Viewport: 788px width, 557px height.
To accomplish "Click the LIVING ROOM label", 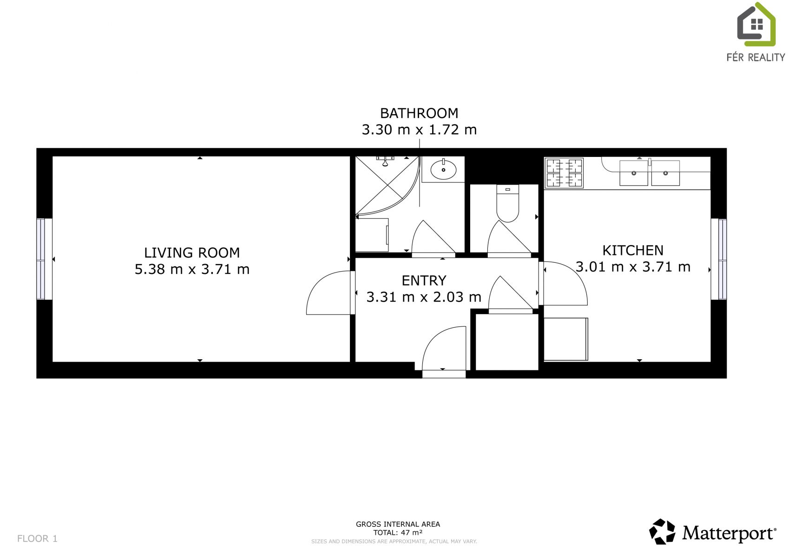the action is pyautogui.click(x=192, y=253).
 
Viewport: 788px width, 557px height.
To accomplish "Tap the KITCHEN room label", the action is pyautogui.click(x=633, y=250).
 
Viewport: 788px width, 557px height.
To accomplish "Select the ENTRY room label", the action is pyautogui.click(x=424, y=280).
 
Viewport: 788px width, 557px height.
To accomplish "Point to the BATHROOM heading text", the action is pyautogui.click(x=419, y=113).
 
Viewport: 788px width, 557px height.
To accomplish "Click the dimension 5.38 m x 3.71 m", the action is pyautogui.click(x=192, y=269).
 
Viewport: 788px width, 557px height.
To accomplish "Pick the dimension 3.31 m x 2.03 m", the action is pyautogui.click(x=424, y=297).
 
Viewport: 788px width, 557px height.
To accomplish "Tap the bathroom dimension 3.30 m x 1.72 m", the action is pyautogui.click(x=419, y=130).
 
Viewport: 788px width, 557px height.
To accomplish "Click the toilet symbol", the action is pyautogui.click(x=508, y=203).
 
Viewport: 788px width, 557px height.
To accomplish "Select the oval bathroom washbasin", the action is pyautogui.click(x=443, y=169).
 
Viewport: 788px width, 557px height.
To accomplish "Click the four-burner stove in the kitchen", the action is pyautogui.click(x=564, y=173).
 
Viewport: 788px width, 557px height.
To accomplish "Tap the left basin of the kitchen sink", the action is pyautogui.click(x=634, y=173).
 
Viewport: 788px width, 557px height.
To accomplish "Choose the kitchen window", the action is pyautogui.click(x=719, y=259).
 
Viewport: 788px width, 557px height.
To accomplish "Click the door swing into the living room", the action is pyautogui.click(x=328, y=292).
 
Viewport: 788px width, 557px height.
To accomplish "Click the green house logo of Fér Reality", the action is pyautogui.click(x=756, y=25).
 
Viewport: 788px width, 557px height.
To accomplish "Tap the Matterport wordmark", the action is pyautogui.click(x=729, y=533).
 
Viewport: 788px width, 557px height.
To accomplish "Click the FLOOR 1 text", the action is pyautogui.click(x=37, y=538).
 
